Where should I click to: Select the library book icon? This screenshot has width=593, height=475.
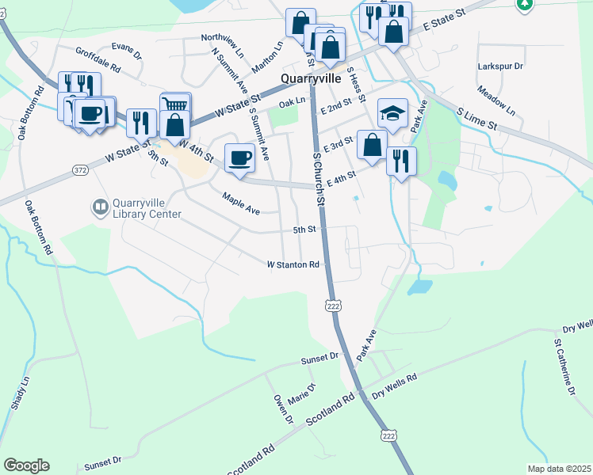[x=101, y=208]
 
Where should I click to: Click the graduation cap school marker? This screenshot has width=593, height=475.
[x=392, y=113]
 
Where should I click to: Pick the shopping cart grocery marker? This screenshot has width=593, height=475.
[x=175, y=106]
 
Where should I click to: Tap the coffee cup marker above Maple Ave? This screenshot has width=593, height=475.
[x=239, y=157]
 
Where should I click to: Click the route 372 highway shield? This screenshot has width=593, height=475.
[x=79, y=169]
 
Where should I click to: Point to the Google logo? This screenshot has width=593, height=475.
[x=26, y=465]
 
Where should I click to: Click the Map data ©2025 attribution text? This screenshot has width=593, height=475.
[x=558, y=469]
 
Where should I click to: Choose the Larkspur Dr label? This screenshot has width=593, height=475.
[x=501, y=66]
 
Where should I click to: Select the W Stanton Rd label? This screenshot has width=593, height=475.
[x=293, y=264]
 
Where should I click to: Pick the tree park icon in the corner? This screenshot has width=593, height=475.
[x=524, y=5]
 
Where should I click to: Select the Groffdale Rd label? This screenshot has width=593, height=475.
[x=98, y=59]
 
